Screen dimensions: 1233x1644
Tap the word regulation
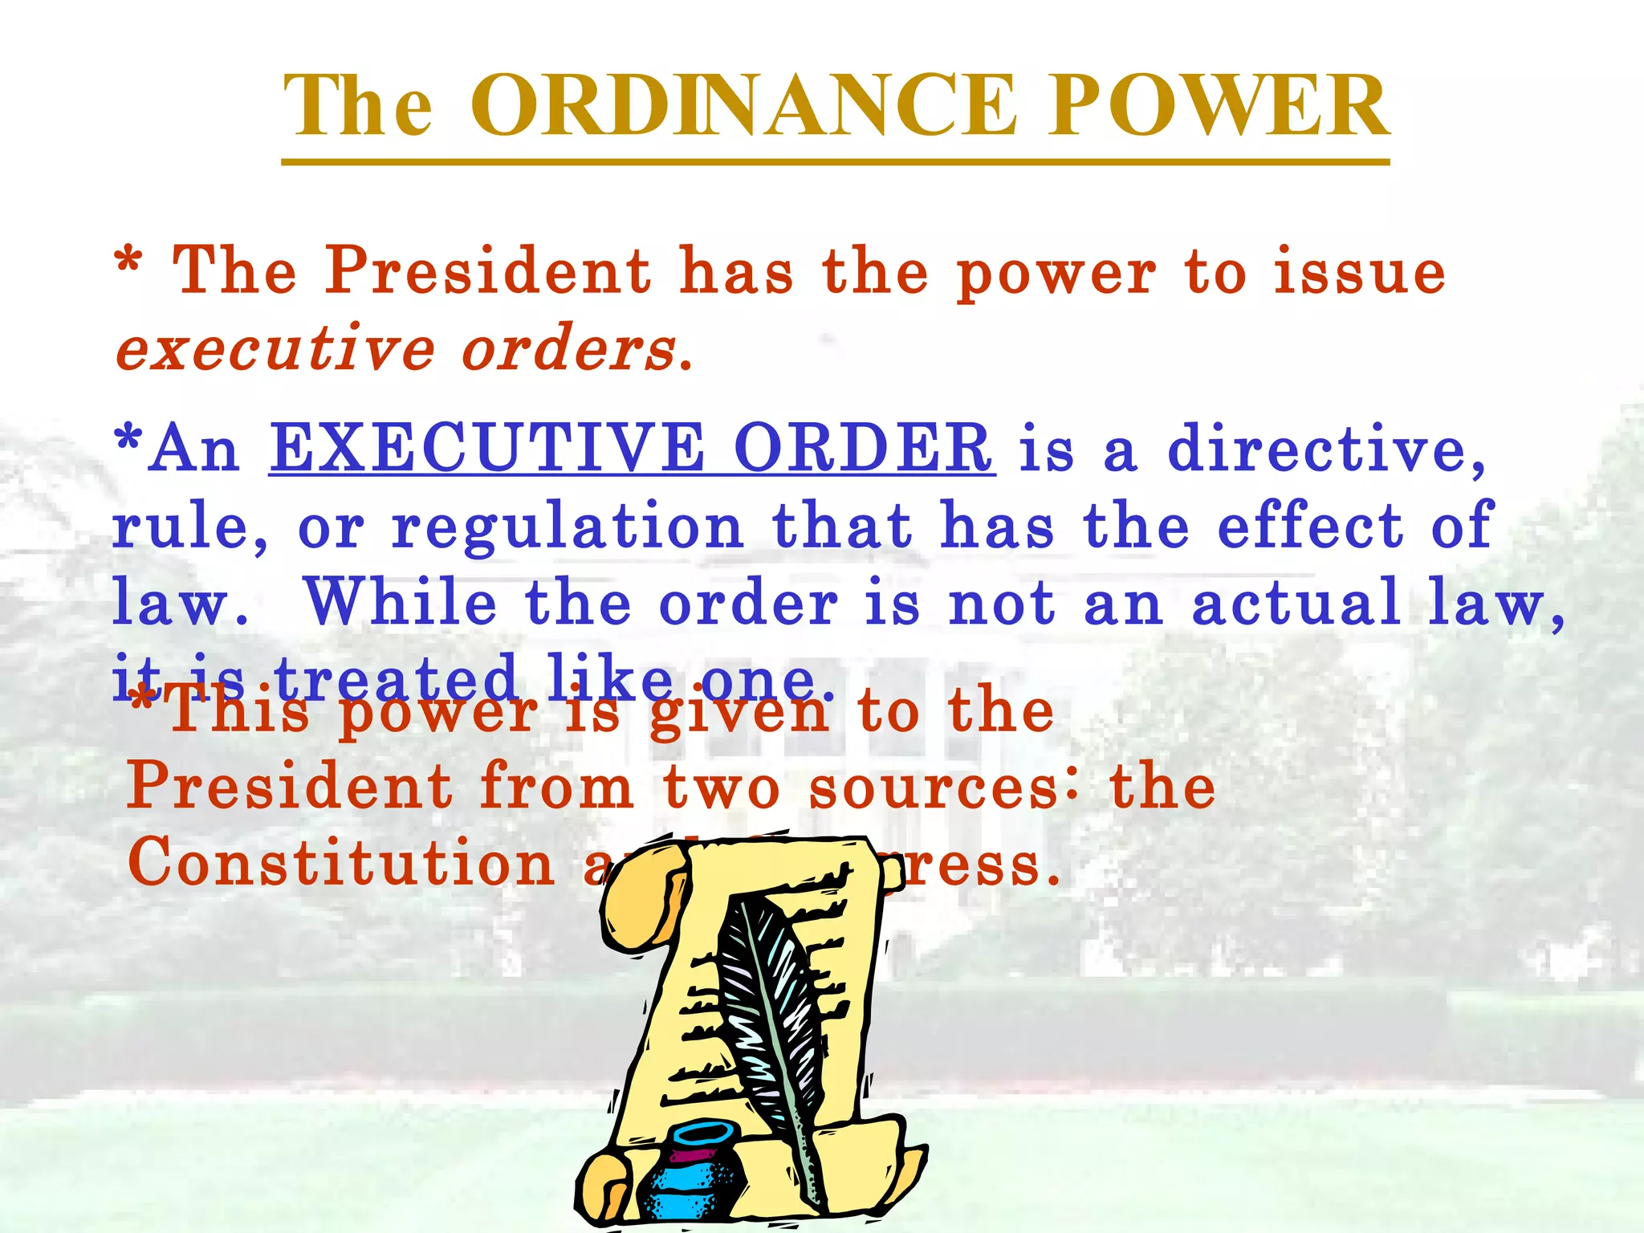[x=568, y=527]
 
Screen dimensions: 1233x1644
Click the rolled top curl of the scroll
[x=642, y=891]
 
